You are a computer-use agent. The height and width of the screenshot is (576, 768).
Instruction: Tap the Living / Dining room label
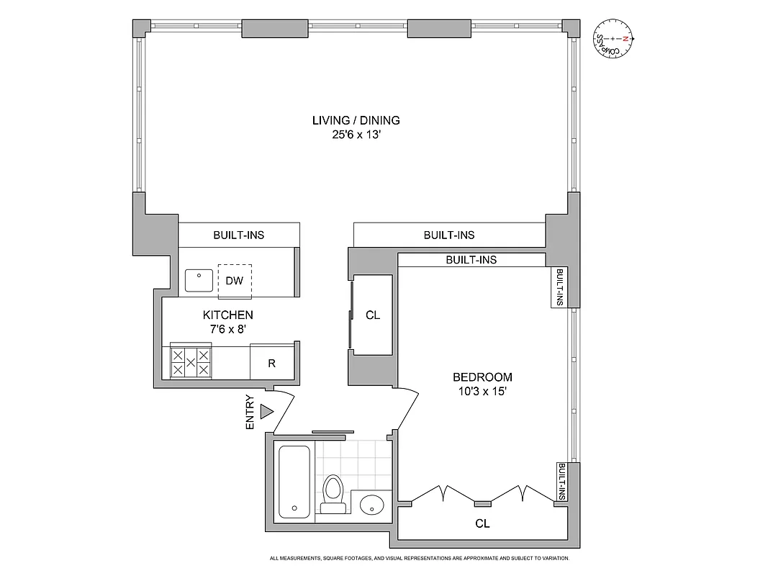(x=356, y=120)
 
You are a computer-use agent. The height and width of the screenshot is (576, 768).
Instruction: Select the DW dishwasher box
(x=235, y=281)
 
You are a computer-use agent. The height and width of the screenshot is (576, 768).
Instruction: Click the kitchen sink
(x=198, y=280)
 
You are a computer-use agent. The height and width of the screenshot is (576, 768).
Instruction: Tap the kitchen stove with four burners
(x=190, y=362)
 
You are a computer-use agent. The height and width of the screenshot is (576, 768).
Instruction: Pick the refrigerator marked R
(x=271, y=363)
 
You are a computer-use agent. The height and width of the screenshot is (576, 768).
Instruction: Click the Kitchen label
(x=227, y=315)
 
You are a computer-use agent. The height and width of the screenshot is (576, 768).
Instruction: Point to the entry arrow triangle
(x=267, y=412)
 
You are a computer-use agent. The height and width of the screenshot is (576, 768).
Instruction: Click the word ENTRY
(x=250, y=413)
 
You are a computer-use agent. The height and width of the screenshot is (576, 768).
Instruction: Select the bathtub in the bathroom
(x=294, y=481)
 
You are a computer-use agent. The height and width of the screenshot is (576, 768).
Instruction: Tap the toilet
(x=333, y=494)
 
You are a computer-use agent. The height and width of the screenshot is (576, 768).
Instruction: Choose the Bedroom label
(x=482, y=377)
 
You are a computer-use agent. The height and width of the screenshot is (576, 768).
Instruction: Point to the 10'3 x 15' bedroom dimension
(x=482, y=392)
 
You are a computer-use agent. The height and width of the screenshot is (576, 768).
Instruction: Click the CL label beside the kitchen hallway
(x=373, y=315)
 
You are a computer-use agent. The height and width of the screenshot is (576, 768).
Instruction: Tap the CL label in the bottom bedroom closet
(x=482, y=524)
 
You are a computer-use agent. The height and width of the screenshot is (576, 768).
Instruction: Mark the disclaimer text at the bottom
(x=420, y=559)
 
